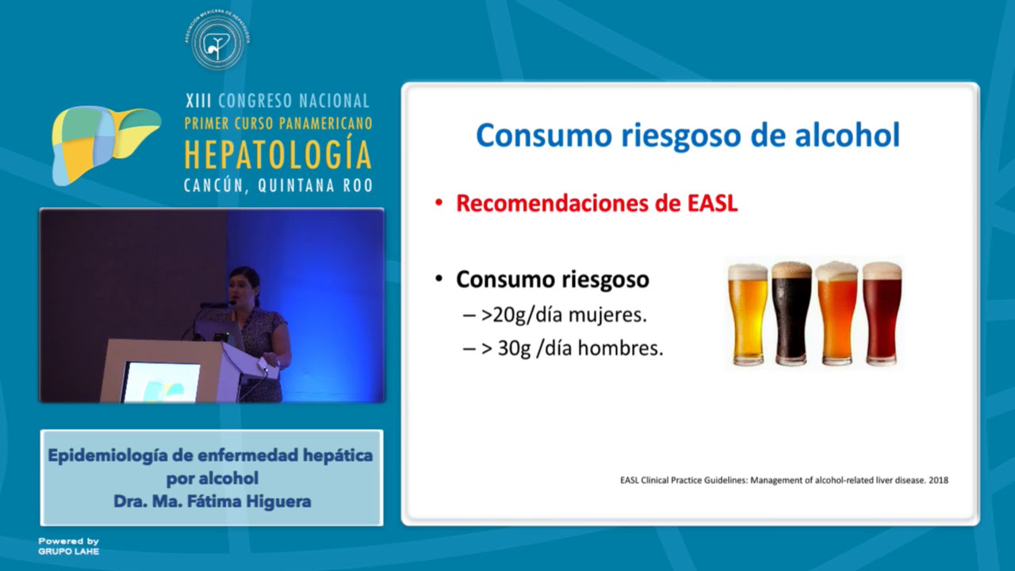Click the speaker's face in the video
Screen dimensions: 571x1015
click(243, 286)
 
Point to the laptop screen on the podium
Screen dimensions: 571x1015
click(161, 381)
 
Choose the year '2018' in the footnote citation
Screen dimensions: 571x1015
click(939, 480)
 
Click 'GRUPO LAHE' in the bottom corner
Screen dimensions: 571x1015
click(69, 551)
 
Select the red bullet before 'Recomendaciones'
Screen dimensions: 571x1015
click(439, 204)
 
